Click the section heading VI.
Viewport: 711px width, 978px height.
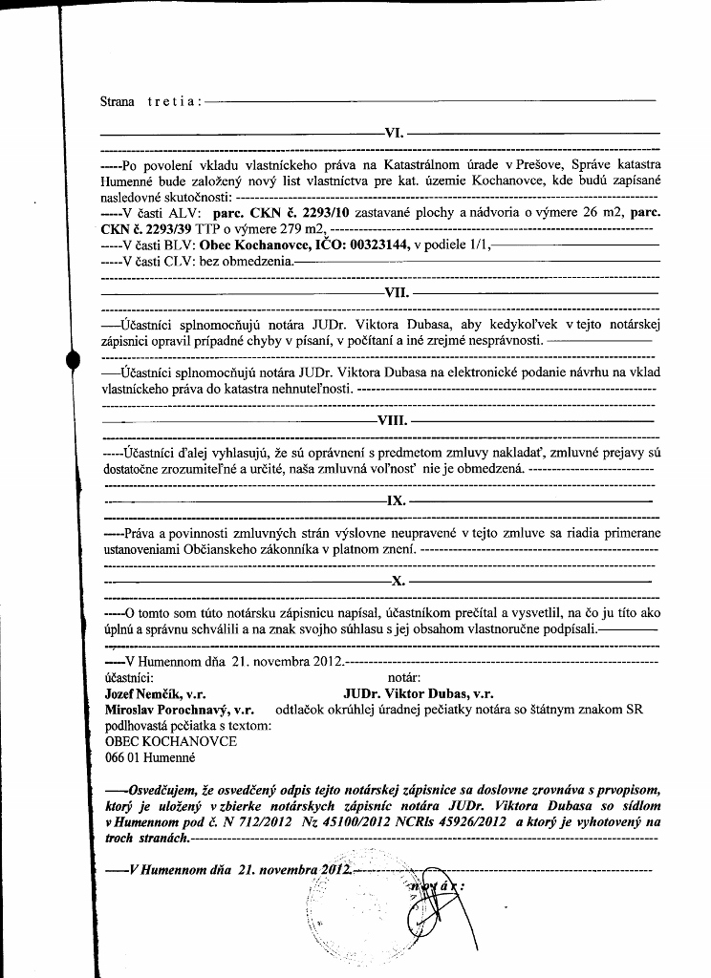click(394, 133)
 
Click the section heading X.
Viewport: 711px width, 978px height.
click(399, 580)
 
